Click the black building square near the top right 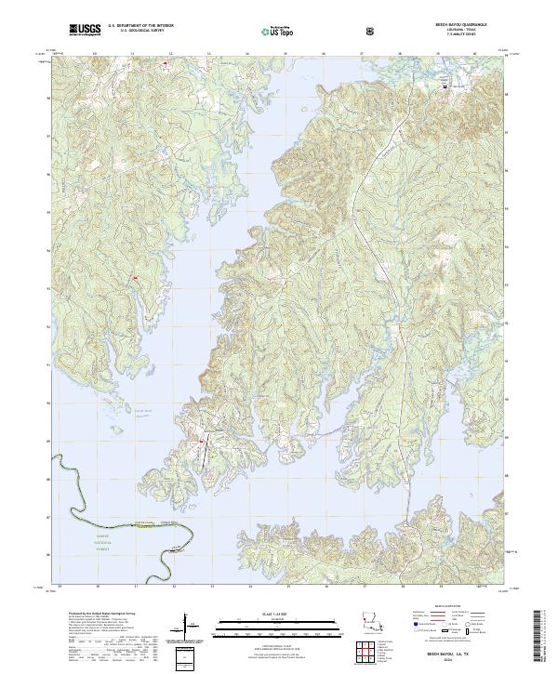(x=445, y=86)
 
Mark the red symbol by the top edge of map (x=166, y=63)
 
